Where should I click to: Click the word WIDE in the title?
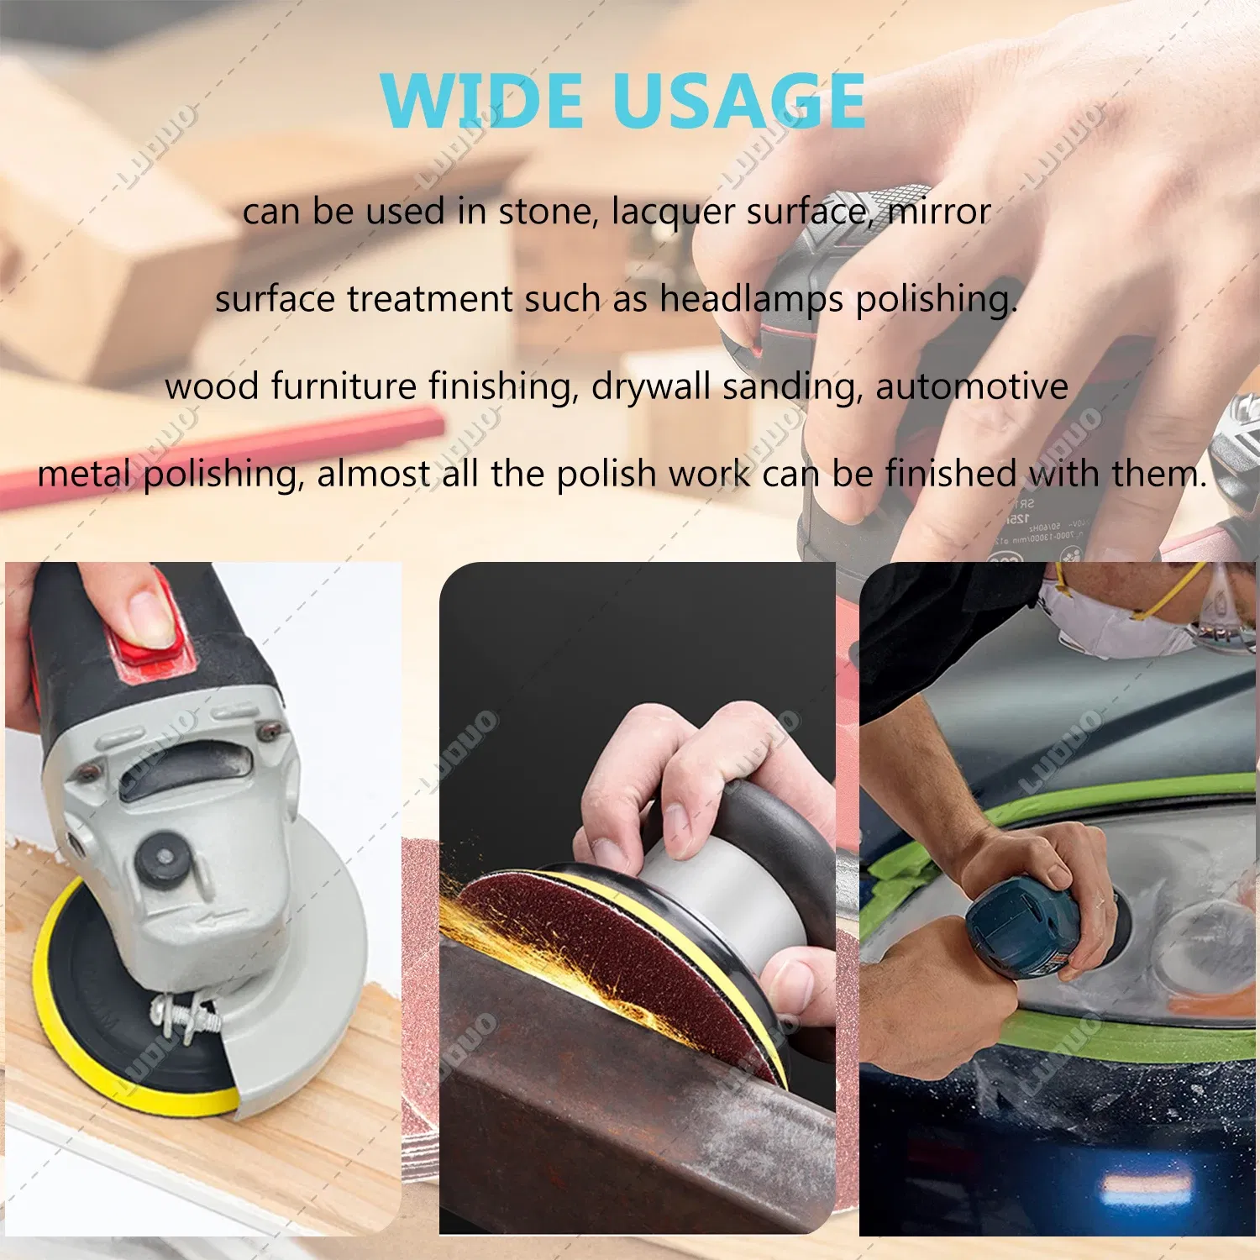(481, 101)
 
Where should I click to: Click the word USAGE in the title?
(739, 101)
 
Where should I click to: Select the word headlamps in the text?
(751, 299)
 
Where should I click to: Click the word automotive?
(971, 386)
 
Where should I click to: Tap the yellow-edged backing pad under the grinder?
(92, 1033)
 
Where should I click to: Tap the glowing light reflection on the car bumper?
(1147, 1184)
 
